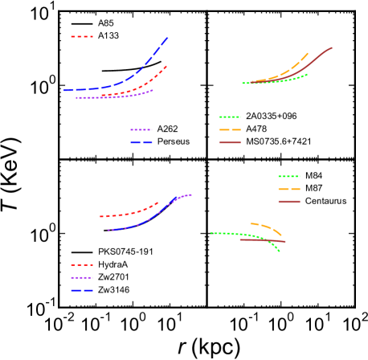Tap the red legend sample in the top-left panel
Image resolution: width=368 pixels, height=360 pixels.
pyautogui.click(x=81, y=36)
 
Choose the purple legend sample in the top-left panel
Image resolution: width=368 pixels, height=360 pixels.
pyautogui.click(x=141, y=129)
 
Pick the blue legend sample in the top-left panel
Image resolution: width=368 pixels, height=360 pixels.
pyautogui.click(x=141, y=142)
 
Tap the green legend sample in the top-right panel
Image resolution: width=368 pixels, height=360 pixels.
pyautogui.click(x=230, y=117)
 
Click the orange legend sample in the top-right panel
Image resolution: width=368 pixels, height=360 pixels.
pyautogui.click(x=230, y=129)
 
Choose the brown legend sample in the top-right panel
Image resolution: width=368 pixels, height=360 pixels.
pyautogui.click(x=230, y=142)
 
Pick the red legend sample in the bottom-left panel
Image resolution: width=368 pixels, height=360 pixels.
pyautogui.click(x=81, y=264)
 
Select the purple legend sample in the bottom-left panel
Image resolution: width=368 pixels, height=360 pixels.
pyautogui.click(x=81, y=277)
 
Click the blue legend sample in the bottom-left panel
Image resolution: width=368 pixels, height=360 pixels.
pyautogui.click(x=81, y=290)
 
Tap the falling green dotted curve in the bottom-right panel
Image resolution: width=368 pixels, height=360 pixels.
pyautogui.click(x=268, y=241)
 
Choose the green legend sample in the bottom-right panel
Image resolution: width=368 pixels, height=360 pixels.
pyautogui.click(x=288, y=176)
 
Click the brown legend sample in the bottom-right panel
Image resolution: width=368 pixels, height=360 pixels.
pyautogui.click(x=288, y=202)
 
